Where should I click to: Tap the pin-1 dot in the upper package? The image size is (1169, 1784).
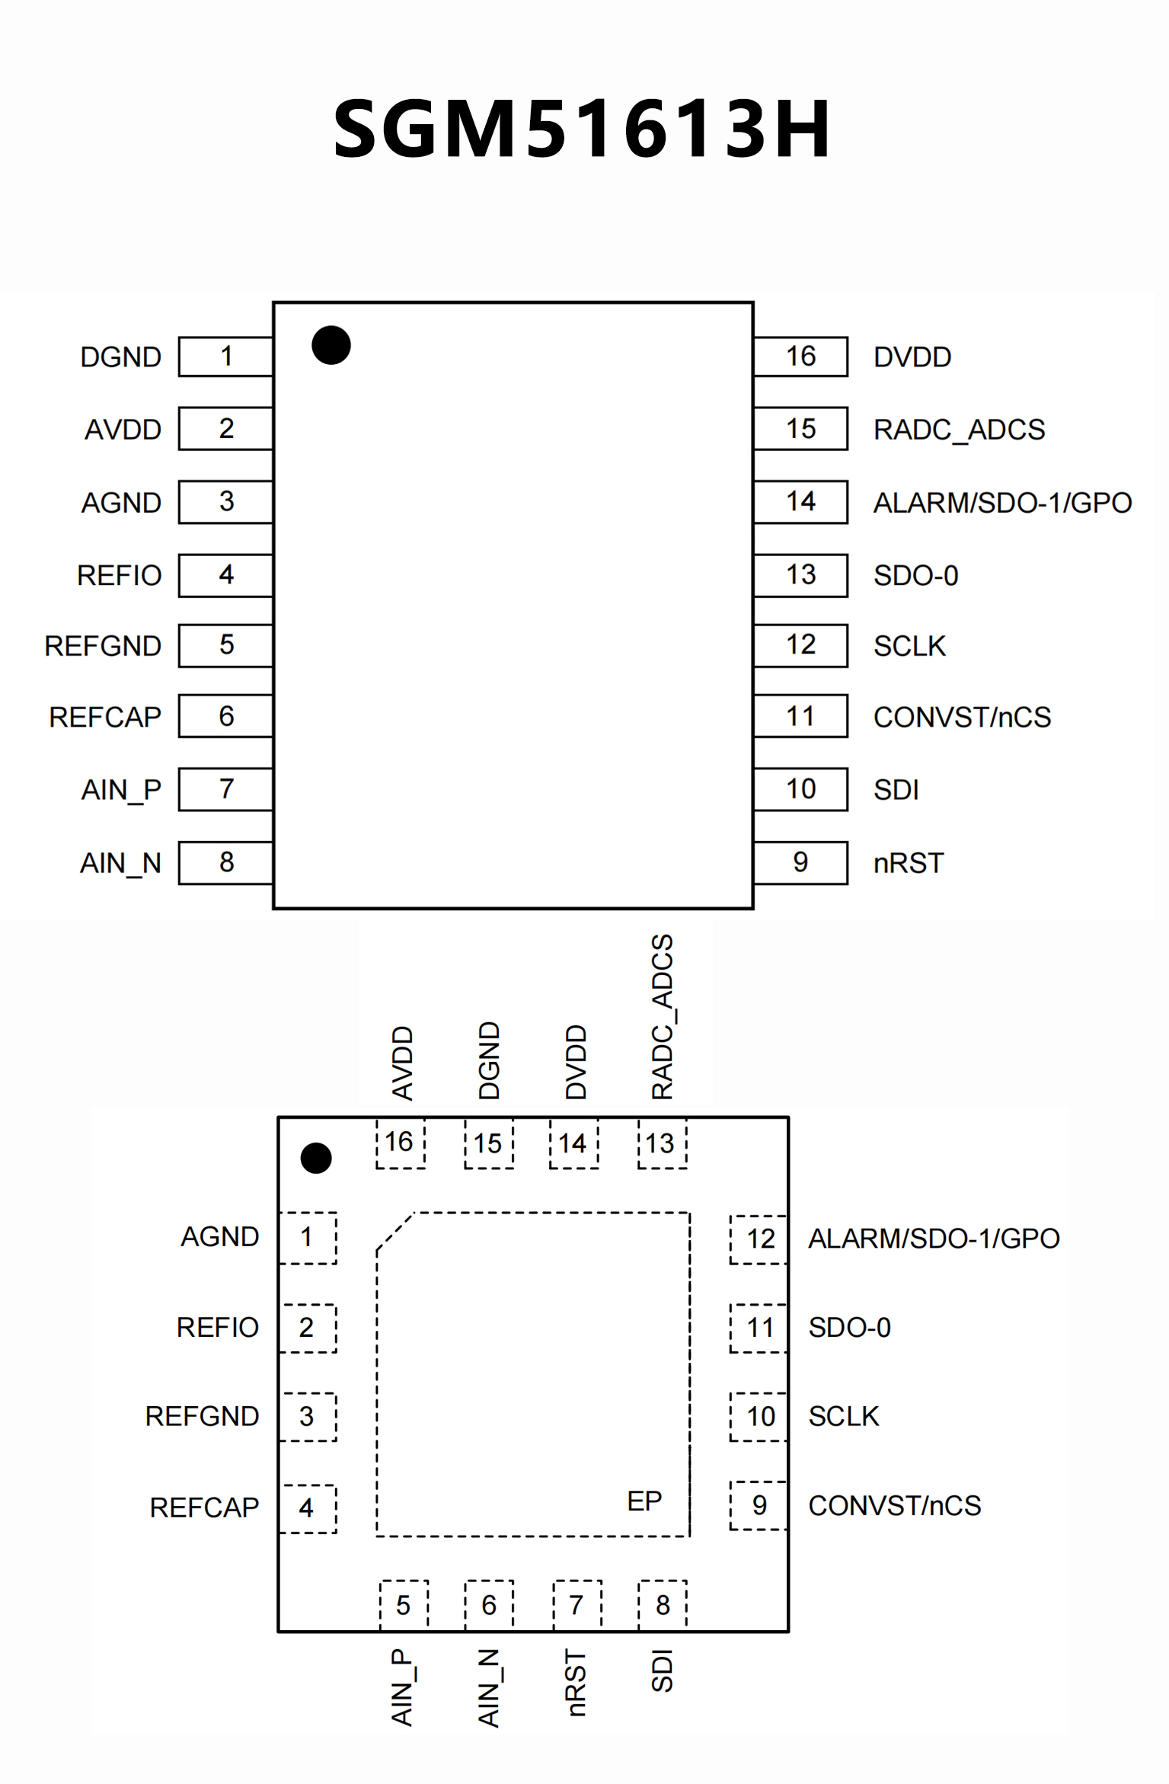tap(331, 345)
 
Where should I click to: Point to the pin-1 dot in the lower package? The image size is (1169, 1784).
tap(316, 1158)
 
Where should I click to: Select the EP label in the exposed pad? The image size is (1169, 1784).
tap(644, 1501)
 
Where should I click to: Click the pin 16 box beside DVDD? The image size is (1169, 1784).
tap(800, 356)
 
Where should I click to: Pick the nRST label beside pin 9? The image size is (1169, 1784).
tap(909, 863)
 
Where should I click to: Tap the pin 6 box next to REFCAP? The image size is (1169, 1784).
tap(226, 716)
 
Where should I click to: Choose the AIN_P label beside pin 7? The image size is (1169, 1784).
tap(121, 790)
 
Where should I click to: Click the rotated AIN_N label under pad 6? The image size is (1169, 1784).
tap(489, 1688)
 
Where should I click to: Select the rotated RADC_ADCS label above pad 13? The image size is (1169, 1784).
tap(663, 1017)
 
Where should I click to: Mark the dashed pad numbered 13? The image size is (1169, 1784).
tap(661, 1143)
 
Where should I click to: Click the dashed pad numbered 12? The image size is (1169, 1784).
tap(759, 1239)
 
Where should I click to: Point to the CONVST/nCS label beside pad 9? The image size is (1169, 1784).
tap(895, 1505)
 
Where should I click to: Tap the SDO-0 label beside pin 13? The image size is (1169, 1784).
tap(915, 575)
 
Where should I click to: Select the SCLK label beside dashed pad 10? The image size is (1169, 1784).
tap(844, 1416)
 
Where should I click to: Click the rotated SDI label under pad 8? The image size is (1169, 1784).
tap(663, 1671)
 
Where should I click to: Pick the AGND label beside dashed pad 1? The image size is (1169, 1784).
tap(220, 1236)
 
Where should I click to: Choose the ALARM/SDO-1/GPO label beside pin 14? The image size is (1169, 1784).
tap(1002, 503)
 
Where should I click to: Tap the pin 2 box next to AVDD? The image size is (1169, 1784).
tap(226, 429)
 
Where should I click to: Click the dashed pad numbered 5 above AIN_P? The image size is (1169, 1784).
tap(404, 1605)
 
